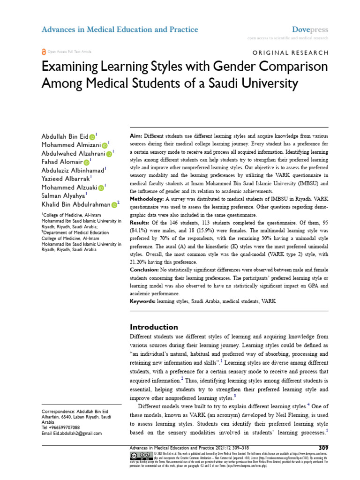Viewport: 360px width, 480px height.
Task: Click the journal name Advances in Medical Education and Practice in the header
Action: (120, 30)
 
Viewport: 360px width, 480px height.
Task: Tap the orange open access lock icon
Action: (44, 52)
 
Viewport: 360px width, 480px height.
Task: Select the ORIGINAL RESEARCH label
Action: (291, 53)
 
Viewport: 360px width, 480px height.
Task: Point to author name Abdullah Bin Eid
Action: (65, 136)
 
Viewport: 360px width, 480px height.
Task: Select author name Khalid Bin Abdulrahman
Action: (76, 204)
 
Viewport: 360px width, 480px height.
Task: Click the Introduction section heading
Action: (153, 327)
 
